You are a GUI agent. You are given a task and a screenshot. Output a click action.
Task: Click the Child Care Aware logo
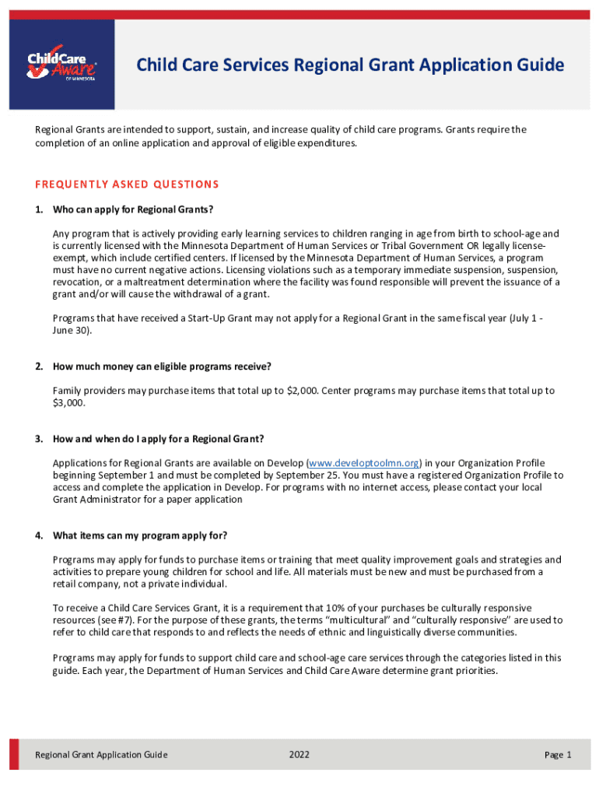pyautogui.click(x=62, y=65)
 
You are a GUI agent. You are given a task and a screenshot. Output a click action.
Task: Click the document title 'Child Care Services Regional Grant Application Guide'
pyautogui.click(x=350, y=65)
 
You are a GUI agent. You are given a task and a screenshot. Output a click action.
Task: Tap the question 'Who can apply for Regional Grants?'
pyautogui.click(x=132, y=209)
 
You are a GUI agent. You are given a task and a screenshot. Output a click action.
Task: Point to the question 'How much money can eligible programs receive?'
pyautogui.click(x=162, y=366)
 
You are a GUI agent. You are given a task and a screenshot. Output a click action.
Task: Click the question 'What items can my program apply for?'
pyautogui.click(x=140, y=535)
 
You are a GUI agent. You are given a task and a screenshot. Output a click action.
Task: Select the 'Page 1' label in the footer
pyautogui.click(x=558, y=755)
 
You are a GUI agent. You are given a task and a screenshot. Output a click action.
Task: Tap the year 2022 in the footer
pyautogui.click(x=299, y=755)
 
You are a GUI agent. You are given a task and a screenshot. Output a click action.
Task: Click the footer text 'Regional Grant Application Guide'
pyautogui.click(x=101, y=755)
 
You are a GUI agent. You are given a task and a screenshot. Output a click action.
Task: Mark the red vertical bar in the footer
pyautogui.click(x=14, y=754)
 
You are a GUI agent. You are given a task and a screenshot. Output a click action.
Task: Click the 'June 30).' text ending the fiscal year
pyautogui.click(x=72, y=330)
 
